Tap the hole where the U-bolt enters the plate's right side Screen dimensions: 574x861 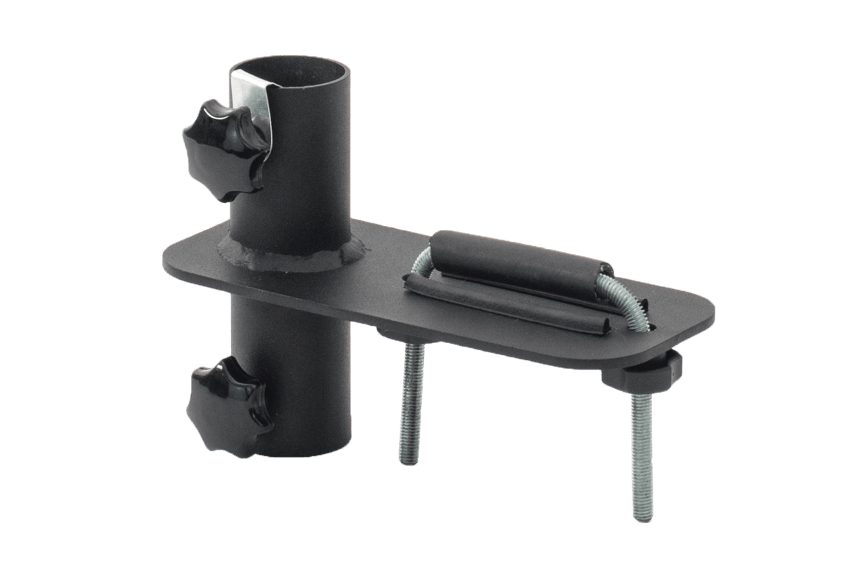point(649,326)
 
